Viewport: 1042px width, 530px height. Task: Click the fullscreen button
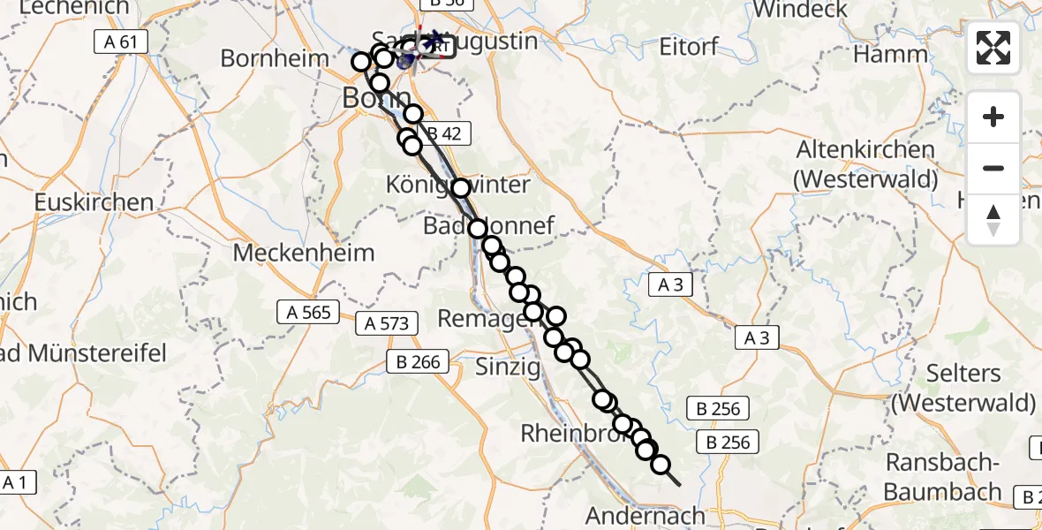pos(993,48)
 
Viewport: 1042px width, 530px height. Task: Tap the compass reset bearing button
pos(993,220)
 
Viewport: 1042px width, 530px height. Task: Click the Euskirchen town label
pos(94,202)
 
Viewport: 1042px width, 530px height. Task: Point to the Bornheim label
pos(275,58)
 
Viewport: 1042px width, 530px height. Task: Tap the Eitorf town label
pos(690,46)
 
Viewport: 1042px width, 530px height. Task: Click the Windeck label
pos(801,10)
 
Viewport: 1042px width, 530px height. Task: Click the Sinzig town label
pos(507,367)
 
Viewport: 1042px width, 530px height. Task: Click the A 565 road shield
pos(308,312)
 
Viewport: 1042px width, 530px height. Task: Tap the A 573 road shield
pos(387,323)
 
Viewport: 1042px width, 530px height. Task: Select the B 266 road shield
pos(419,360)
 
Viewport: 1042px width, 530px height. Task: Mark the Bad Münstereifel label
pos(84,353)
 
